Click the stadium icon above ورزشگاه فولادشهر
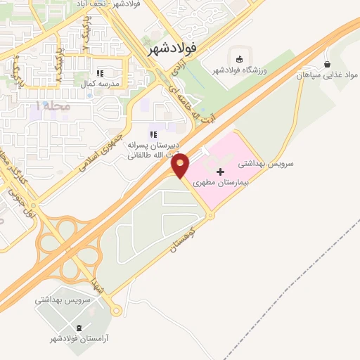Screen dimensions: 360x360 click(240, 58)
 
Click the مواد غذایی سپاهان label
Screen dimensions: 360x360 click(326, 74)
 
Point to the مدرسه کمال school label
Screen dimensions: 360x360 click(101, 84)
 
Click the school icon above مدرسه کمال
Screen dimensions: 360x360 click(101, 72)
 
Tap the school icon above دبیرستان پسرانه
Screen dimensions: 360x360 click(153, 134)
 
